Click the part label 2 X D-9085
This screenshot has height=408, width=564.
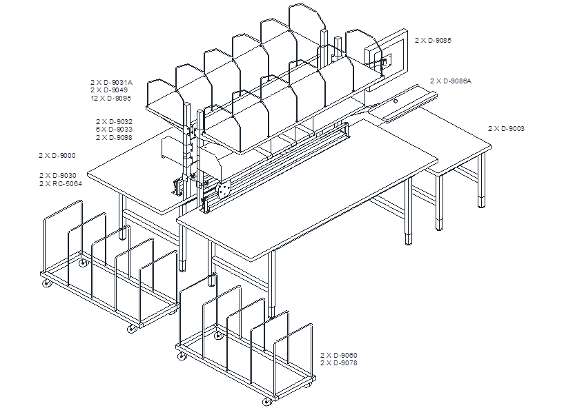click(x=433, y=40)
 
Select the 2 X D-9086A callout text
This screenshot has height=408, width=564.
click(x=451, y=81)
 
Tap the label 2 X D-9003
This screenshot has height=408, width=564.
click(x=506, y=128)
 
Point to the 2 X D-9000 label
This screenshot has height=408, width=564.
click(x=57, y=155)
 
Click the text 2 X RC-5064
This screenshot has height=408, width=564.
click(x=61, y=183)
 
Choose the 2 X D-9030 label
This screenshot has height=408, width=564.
click(x=58, y=175)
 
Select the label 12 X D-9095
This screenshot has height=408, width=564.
click(x=110, y=98)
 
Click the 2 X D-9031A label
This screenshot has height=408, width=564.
click(x=112, y=82)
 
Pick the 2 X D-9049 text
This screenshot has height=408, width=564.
click(x=109, y=90)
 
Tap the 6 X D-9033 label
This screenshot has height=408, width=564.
click(x=114, y=129)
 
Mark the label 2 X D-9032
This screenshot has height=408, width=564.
click(x=114, y=121)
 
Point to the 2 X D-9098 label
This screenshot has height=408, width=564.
click(x=114, y=137)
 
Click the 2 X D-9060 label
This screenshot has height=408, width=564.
click(x=339, y=355)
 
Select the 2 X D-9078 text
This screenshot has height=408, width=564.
click(x=339, y=363)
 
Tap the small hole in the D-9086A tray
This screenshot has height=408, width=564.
click(x=396, y=101)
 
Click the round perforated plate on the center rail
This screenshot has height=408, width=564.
click(x=224, y=190)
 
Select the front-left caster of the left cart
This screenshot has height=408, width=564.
click(x=46, y=284)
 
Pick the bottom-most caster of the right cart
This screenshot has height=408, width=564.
click(x=266, y=402)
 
